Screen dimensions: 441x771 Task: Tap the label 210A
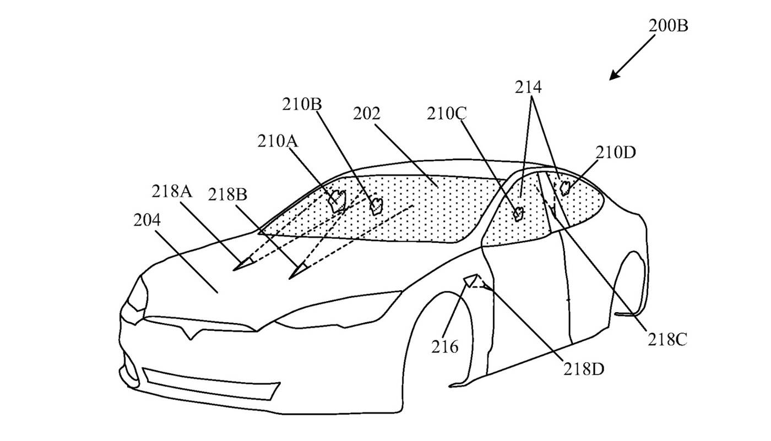pyautogui.click(x=278, y=141)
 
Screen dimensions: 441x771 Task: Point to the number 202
pyautogui.click(x=366, y=114)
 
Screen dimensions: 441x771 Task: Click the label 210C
pyautogui.click(x=447, y=114)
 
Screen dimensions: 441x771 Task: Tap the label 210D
pyautogui.click(x=615, y=153)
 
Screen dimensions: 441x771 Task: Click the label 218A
pyautogui.click(x=172, y=192)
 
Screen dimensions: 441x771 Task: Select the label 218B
pyautogui.click(x=227, y=194)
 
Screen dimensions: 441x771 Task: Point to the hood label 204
pyautogui.click(x=147, y=220)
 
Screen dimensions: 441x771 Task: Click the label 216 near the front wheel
pyautogui.click(x=444, y=347)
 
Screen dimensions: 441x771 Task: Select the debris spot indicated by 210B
pyautogui.click(x=377, y=205)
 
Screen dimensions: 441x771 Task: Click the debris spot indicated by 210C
pyautogui.click(x=518, y=214)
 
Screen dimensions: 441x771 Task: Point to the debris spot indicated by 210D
pyautogui.click(x=564, y=188)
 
